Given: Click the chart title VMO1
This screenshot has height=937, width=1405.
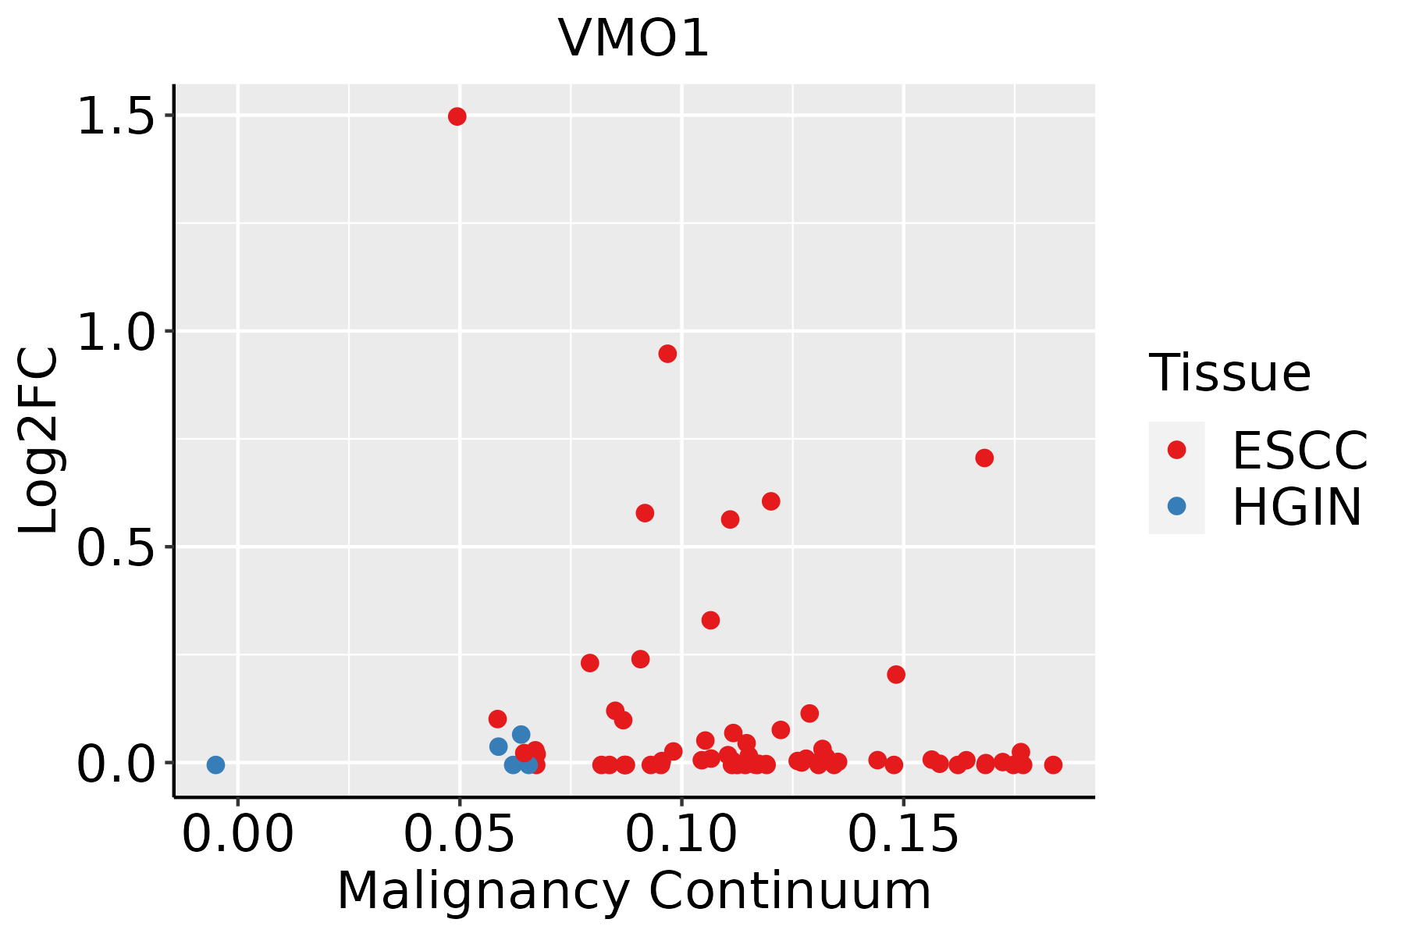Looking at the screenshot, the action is point(633,37).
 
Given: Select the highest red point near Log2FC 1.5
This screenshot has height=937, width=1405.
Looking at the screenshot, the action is point(457,116).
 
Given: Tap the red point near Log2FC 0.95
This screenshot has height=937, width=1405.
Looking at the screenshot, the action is point(667,354).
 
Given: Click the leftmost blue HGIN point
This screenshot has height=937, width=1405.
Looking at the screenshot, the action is point(216,764).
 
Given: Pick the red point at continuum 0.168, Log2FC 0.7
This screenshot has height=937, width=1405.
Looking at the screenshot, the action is point(984,458).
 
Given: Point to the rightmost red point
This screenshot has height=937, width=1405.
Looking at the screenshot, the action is point(1053,764).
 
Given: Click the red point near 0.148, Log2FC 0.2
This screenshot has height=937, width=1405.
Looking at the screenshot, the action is point(896,674).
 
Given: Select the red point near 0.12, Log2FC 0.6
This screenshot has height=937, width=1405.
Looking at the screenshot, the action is point(771,501).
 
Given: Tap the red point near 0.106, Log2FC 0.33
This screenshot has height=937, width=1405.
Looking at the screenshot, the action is point(710,620).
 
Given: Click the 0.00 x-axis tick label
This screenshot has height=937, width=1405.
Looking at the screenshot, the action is point(238,835).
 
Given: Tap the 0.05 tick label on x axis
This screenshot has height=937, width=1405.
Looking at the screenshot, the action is point(460,835).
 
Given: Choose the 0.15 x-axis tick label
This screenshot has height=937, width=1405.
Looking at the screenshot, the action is point(903,835).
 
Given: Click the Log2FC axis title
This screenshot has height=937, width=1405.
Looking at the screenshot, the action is point(39,440).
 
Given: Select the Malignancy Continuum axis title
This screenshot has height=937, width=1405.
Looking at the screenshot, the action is point(634,891).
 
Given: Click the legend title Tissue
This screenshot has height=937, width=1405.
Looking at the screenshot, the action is point(1229,373).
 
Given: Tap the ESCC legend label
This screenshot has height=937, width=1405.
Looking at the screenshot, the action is point(1300,451).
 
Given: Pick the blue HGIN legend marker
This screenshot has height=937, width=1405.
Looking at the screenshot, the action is point(1176,506).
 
